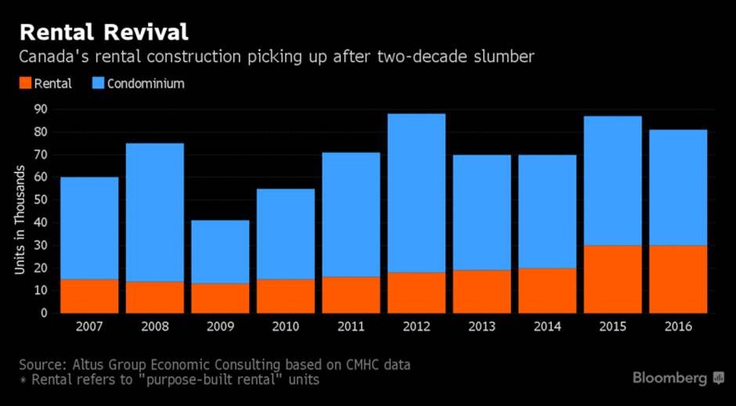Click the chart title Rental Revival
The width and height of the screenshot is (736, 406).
[103, 32]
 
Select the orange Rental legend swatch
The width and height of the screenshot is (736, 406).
[25, 83]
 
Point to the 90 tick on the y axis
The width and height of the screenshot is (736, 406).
[39, 110]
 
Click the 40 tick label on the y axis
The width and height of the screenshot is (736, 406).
[39, 222]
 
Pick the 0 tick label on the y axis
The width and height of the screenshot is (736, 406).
[42, 313]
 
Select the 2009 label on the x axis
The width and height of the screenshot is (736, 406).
[220, 327]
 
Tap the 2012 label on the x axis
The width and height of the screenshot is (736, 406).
[416, 327]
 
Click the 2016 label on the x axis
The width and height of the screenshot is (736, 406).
[677, 327]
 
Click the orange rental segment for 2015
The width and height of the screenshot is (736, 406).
[612, 279]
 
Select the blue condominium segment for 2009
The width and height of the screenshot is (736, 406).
[220, 252]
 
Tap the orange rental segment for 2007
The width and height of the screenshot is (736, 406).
[89, 296]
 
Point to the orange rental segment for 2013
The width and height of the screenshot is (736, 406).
[482, 291]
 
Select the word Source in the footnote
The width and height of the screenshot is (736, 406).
[41, 365]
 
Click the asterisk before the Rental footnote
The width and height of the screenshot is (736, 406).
[23, 380]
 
